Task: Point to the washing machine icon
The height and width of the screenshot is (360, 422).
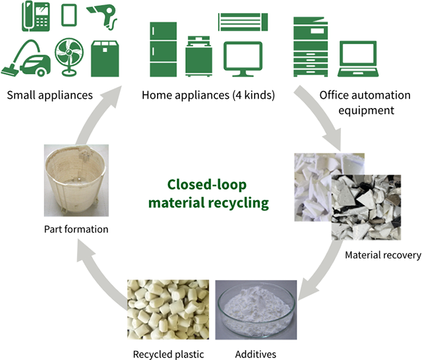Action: pyautogui.click(x=198, y=58)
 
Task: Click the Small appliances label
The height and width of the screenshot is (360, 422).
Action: pyautogui.click(x=49, y=96)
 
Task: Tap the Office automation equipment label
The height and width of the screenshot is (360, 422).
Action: pyautogui.click(x=356, y=102)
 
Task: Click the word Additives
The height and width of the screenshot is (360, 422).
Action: pyautogui.click(x=256, y=354)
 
